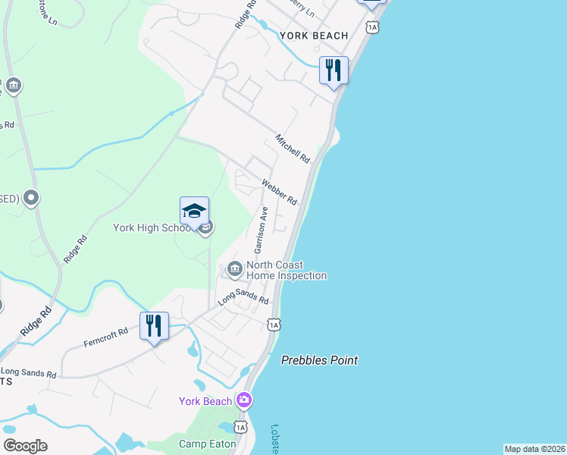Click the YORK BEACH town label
click(314, 36)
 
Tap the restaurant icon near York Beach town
click(334, 71)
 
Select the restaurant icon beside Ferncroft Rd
click(154, 326)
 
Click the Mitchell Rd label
click(293, 149)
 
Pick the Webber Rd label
click(280, 192)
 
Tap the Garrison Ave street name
click(262, 230)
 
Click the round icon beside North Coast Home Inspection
click(234, 268)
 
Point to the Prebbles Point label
click(319, 360)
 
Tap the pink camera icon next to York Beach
click(244, 400)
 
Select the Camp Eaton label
click(203, 444)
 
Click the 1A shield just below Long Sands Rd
click(274, 325)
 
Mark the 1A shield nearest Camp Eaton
click(240, 427)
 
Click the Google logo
click(25, 446)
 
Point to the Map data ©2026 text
click(534, 449)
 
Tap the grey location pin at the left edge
click(31, 199)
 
